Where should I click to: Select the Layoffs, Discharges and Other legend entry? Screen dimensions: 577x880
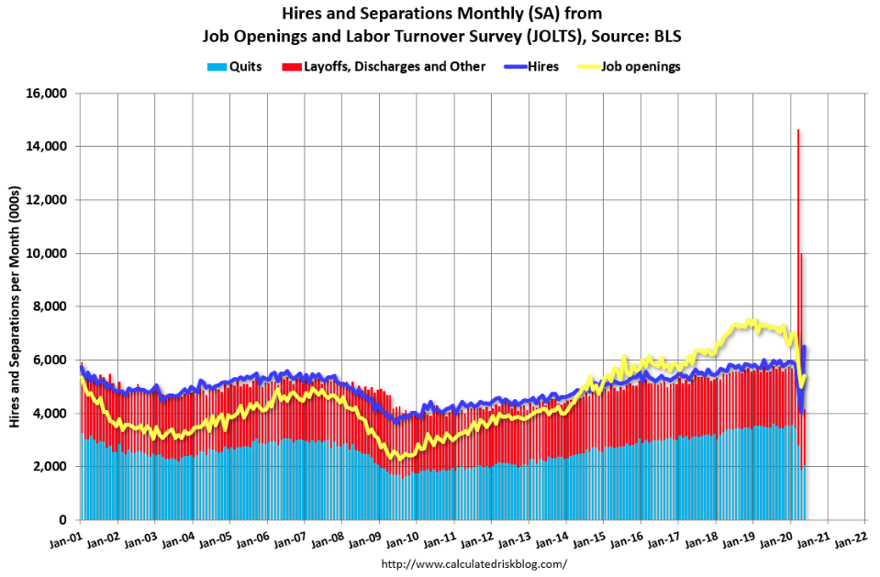[394, 66]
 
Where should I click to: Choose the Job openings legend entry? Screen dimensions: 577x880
[641, 66]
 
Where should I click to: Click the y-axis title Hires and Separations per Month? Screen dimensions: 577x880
[16, 306]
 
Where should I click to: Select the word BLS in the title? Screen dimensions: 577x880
[665, 36]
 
